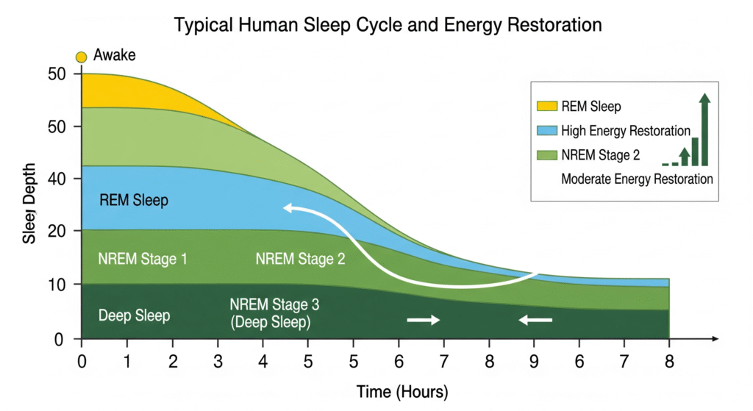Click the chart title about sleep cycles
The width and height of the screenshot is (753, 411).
388,25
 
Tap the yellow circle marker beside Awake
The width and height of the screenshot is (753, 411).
81,57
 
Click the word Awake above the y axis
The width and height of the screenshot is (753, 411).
114,55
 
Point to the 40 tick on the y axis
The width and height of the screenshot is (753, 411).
57,179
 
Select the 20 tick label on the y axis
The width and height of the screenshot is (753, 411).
57,232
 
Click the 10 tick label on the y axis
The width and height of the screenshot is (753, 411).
57,285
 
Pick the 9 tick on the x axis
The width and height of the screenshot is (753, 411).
534,361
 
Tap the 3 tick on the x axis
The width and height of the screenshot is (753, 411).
218,361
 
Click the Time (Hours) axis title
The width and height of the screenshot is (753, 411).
402,392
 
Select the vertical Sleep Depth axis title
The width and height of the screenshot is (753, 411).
29,203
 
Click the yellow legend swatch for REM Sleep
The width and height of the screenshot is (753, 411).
547,106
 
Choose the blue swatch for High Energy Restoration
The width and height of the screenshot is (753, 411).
547,130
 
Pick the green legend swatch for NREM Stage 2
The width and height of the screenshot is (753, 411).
547,155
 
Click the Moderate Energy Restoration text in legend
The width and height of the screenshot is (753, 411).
637,179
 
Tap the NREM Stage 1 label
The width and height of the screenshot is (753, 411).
143,260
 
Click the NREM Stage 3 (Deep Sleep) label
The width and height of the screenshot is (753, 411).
274,313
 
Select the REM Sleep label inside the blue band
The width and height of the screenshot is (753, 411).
134,200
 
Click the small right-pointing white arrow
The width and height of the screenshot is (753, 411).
423,320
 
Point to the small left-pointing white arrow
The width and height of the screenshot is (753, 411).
535,320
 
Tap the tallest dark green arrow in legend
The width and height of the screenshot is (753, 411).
704,129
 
